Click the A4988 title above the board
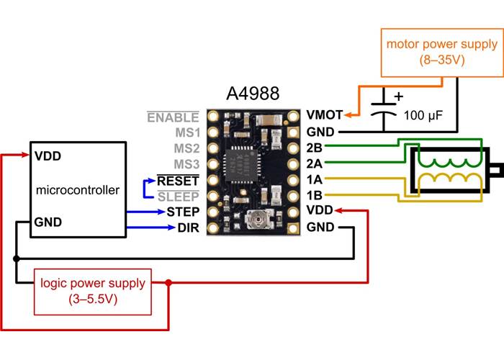[x=253, y=94]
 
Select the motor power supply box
[x=441, y=53]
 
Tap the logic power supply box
[x=93, y=291]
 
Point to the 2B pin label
[x=314, y=148]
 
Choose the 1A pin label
[x=314, y=180]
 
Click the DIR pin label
[x=187, y=229]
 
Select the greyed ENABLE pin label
[x=173, y=117]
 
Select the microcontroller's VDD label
[x=48, y=156]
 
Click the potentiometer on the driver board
[x=256, y=222]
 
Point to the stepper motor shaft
[x=497, y=171]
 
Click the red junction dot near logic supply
[x=168, y=283]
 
